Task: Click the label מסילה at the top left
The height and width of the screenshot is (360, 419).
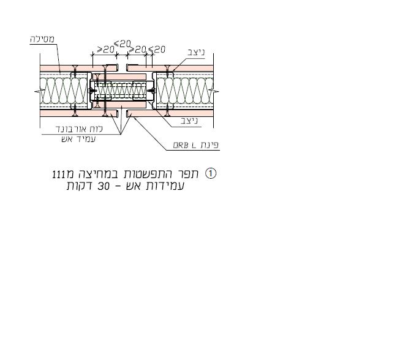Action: (42, 39)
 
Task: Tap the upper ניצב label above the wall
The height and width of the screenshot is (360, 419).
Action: (196, 53)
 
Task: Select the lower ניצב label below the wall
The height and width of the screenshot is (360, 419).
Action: (189, 121)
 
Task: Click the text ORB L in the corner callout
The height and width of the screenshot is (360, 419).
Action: (184, 145)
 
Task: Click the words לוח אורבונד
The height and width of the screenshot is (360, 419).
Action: (79, 129)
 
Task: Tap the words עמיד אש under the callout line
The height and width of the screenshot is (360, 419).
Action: (78, 139)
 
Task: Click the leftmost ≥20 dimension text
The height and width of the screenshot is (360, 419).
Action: (105, 50)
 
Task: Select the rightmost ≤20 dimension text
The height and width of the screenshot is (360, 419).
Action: (157, 50)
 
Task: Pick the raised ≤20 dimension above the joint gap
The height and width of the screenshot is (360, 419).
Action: (123, 44)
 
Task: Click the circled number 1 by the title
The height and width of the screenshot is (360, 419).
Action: (211, 174)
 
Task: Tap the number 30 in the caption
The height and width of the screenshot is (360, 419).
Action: (104, 186)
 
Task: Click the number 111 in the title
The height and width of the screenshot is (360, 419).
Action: (59, 174)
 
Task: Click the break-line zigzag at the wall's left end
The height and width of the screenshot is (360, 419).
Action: (39, 92)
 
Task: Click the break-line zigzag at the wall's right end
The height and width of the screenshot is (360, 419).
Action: (214, 92)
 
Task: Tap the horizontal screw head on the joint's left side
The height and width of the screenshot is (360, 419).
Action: (92, 91)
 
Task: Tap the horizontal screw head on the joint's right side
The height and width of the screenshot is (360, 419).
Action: (151, 91)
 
